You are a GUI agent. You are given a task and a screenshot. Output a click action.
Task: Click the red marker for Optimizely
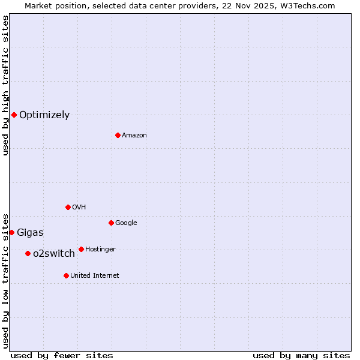[x=14, y=115]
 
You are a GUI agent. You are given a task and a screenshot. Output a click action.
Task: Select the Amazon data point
[x=118, y=135]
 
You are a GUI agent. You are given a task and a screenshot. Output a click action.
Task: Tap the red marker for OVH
[x=68, y=207]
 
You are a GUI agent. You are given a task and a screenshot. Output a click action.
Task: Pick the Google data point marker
[x=111, y=223]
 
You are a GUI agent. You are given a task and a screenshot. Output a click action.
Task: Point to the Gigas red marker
[x=11, y=232]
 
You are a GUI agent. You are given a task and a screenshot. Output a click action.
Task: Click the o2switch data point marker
[x=28, y=253]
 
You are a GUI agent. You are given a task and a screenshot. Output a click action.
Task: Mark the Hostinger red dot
[x=81, y=249]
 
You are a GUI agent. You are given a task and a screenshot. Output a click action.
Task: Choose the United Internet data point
[x=66, y=275]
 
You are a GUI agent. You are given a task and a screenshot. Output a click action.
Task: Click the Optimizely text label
[x=44, y=115]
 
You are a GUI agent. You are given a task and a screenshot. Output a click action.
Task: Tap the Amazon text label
[x=134, y=136]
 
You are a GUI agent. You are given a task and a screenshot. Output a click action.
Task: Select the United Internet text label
[x=94, y=276]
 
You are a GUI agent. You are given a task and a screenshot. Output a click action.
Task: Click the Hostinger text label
[x=100, y=250]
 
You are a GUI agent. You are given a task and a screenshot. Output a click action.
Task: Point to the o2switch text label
[x=54, y=254]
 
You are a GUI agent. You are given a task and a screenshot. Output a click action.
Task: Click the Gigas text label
[x=30, y=233]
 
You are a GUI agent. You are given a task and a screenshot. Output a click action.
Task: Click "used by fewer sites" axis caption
[x=62, y=355]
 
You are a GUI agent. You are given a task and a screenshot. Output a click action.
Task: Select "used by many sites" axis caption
[x=301, y=355]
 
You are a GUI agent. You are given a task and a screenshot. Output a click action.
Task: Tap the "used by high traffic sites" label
[x=5, y=85]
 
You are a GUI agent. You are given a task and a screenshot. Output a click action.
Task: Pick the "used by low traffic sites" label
[x=5, y=280]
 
